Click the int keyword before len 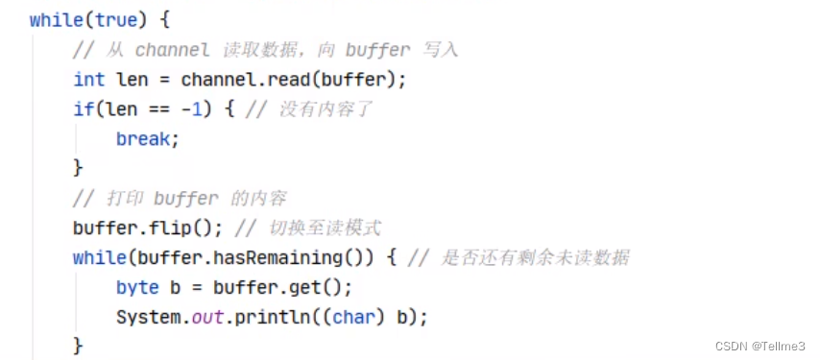(x=88, y=80)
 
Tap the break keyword (x=147, y=139)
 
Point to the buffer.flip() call (x=143, y=228)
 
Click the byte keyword (x=136, y=288)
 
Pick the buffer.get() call (x=282, y=288)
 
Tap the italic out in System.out (x=207, y=318)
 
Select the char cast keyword (x=352, y=318)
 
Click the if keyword (x=83, y=109)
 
